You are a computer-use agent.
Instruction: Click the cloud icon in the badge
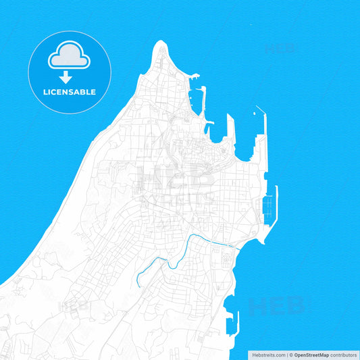(x=69, y=57)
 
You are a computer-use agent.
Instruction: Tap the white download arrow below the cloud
(x=66, y=77)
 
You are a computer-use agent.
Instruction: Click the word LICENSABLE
(x=69, y=92)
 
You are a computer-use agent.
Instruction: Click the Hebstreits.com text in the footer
(x=268, y=355)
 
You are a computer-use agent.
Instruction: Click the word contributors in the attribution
(x=343, y=355)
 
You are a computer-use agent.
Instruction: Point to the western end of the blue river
(x=138, y=283)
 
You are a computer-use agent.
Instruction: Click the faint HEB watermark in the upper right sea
(x=279, y=49)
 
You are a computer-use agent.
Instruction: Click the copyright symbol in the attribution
(x=291, y=355)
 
